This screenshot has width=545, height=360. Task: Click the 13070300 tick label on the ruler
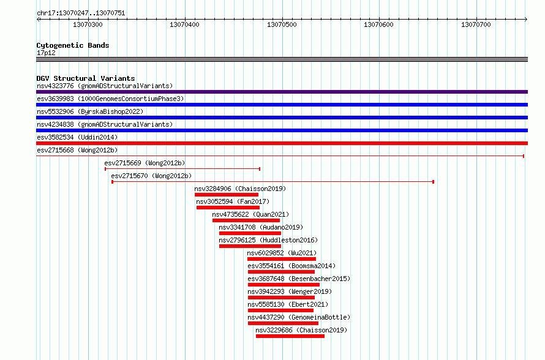(x=88, y=24)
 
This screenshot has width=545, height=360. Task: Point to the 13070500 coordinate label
(x=282, y=24)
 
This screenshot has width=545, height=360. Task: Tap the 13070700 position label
(x=476, y=24)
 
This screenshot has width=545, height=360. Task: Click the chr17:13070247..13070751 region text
(x=81, y=13)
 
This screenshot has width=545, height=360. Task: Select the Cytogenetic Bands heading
(x=73, y=45)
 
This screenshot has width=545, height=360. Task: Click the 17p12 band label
(x=46, y=53)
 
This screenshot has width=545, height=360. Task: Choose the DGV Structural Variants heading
(x=86, y=78)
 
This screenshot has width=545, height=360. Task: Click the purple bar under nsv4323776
(x=282, y=92)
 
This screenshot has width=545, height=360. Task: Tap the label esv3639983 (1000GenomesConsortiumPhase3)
(x=110, y=99)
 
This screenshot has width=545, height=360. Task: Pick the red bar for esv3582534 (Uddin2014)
(x=282, y=143)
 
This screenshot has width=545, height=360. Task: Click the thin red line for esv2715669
(x=182, y=169)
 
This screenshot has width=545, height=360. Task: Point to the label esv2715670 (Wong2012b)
(x=151, y=176)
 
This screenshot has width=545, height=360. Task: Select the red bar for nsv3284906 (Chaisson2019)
(x=227, y=195)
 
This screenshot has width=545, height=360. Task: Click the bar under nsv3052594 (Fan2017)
(x=228, y=208)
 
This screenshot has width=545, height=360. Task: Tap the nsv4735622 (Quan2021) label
(x=250, y=214)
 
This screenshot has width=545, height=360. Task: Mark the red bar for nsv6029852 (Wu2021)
(x=282, y=259)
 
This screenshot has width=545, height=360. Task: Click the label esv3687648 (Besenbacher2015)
(x=299, y=279)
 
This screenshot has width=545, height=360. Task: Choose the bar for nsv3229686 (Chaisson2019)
(x=290, y=336)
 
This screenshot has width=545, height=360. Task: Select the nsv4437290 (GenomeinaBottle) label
(x=299, y=317)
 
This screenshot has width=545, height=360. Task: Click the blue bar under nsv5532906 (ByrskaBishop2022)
(x=282, y=118)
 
